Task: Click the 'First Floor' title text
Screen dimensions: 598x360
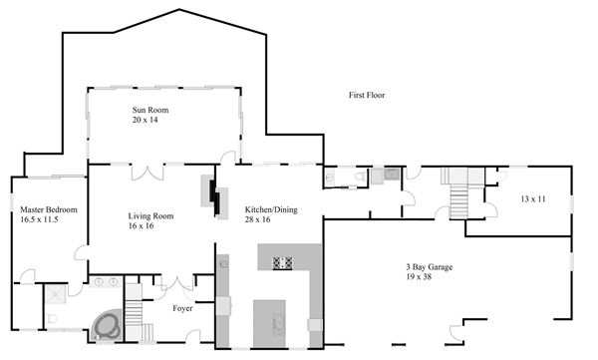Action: [x=367, y=95]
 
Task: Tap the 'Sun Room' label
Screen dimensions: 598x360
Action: [x=150, y=110]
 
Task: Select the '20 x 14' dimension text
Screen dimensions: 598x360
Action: [x=145, y=120]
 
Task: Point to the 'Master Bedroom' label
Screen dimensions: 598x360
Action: [x=49, y=209]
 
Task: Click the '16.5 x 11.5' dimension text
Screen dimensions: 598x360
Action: [x=39, y=219]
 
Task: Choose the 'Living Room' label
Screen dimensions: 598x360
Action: [x=150, y=216]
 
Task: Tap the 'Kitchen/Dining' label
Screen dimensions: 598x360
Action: [x=271, y=209]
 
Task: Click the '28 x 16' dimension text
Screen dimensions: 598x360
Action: [x=257, y=219]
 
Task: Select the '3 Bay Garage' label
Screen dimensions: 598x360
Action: [x=429, y=267]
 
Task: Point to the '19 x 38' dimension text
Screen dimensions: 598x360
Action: [x=419, y=277]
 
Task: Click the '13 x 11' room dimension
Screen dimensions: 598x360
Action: [x=533, y=198]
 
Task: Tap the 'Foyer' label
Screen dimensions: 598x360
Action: [x=182, y=308]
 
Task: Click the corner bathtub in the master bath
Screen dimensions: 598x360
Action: [x=108, y=325]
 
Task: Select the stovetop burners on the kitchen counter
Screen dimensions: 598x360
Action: [x=283, y=263]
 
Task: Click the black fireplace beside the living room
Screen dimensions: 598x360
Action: [x=215, y=196]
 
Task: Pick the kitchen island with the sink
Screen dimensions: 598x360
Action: [x=269, y=324]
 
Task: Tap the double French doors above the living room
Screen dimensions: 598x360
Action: [x=148, y=173]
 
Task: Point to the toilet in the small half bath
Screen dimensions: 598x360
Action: [x=360, y=177]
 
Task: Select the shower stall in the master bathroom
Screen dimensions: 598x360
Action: [x=56, y=294]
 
